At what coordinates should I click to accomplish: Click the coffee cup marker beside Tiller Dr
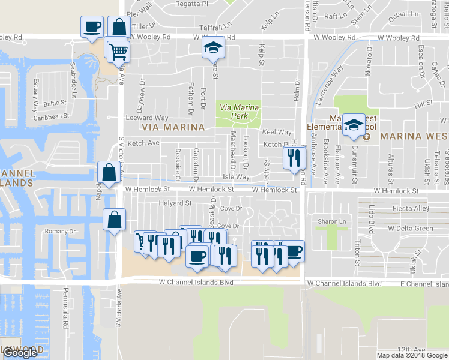click(92, 27)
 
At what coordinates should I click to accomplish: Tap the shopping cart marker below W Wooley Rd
click(119, 52)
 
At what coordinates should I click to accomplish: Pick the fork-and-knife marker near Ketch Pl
click(292, 158)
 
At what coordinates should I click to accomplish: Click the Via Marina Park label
click(239, 111)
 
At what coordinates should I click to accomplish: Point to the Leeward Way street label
click(146, 118)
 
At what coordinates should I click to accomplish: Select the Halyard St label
click(175, 203)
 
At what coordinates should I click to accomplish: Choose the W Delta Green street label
click(411, 229)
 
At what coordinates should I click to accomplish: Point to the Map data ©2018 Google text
click(411, 355)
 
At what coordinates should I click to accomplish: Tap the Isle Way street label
click(236, 177)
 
